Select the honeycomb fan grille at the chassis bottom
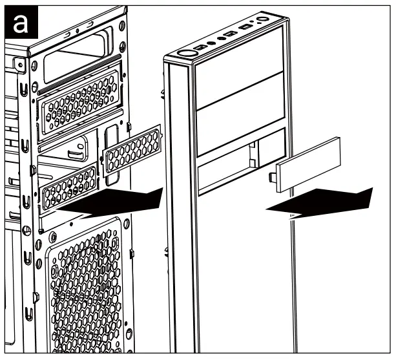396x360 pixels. (84, 284)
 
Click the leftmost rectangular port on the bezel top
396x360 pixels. (202, 47)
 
